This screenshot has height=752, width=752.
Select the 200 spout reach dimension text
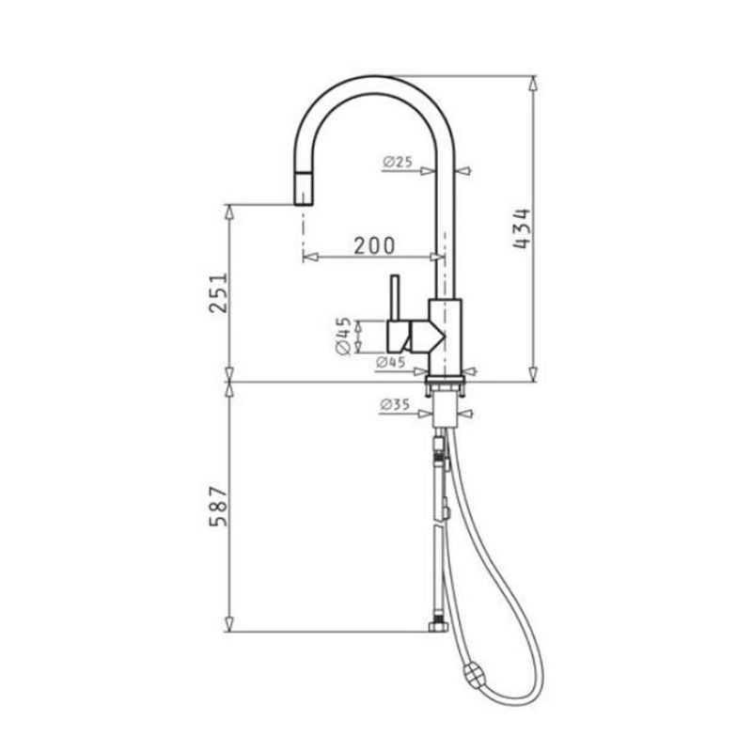pos(373,246)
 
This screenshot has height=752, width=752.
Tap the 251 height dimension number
pos(217,294)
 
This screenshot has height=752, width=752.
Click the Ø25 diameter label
pos(399,162)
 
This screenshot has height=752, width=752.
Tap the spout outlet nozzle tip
pos(303,192)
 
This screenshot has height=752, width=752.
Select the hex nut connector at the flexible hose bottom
pos(436,626)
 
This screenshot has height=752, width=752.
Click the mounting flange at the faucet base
pos(446,385)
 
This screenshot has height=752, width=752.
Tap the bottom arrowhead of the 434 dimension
pos(533,375)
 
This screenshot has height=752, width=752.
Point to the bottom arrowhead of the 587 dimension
pos(229,624)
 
